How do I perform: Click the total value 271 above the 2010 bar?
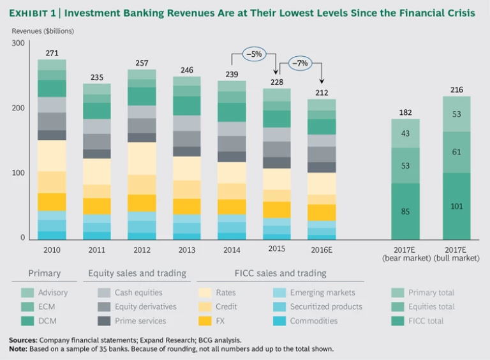52,54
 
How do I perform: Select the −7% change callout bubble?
299,64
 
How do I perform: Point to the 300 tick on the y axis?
18,43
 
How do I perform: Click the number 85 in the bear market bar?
405,211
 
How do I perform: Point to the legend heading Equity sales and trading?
137,273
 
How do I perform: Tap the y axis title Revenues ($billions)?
43,31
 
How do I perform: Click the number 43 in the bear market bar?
405,133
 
